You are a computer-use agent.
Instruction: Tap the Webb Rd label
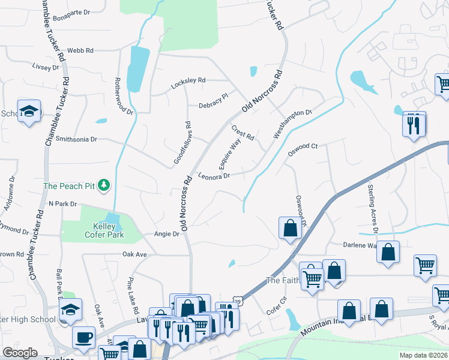[x=80, y=51]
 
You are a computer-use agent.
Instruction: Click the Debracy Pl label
[x=214, y=96]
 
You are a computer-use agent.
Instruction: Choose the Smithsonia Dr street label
[x=76, y=139]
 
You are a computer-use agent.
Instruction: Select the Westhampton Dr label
[x=293, y=124]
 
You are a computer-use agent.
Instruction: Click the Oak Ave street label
[x=134, y=254]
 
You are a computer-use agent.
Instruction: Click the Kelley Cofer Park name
[x=100, y=230]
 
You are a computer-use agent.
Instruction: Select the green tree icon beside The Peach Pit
[x=105, y=185]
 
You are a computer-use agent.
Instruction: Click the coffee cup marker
[x=83, y=337]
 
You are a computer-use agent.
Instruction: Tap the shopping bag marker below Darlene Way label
[x=388, y=253]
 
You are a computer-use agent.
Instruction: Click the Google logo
[x=20, y=353]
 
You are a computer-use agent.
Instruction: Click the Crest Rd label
[x=243, y=133]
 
